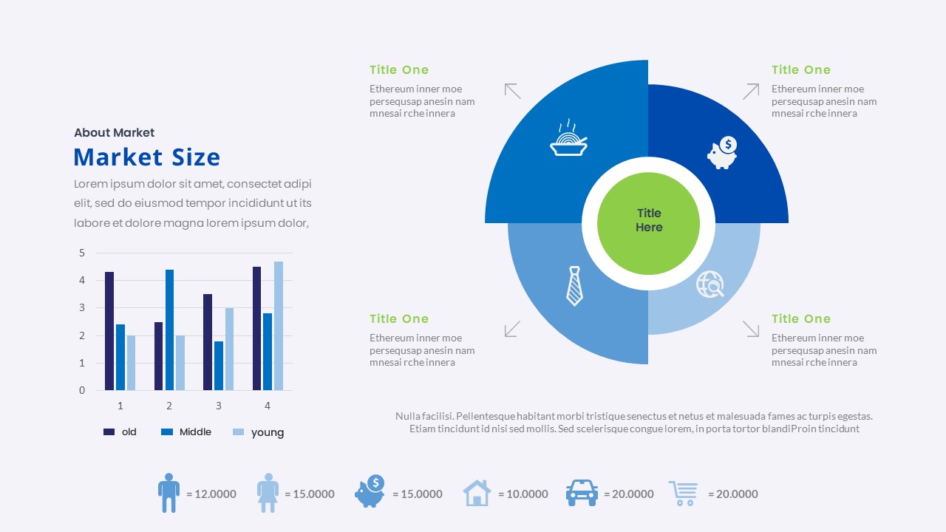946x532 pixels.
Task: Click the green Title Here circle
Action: (648, 220)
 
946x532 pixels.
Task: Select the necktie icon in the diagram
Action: (574, 286)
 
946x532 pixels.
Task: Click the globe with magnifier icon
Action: (709, 284)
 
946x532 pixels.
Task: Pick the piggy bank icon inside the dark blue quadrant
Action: (722, 153)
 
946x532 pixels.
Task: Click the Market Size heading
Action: (146, 157)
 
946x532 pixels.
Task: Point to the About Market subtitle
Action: (114, 133)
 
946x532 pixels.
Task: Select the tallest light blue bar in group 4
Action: (279, 325)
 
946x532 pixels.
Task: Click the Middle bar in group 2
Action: (169, 330)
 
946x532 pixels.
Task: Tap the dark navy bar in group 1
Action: (109, 330)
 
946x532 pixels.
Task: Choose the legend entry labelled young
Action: (258, 432)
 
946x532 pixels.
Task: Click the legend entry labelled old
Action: (120, 432)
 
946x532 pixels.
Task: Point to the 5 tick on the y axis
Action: (82, 253)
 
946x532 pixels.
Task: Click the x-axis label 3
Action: (218, 406)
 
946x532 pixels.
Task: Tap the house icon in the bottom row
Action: (477, 493)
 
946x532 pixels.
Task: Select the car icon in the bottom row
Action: (582, 493)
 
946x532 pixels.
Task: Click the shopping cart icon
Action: (684, 493)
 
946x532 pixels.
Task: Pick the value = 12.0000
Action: (211, 494)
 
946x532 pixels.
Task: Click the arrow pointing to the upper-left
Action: (512, 91)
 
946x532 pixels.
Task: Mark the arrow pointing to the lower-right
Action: (751, 329)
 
